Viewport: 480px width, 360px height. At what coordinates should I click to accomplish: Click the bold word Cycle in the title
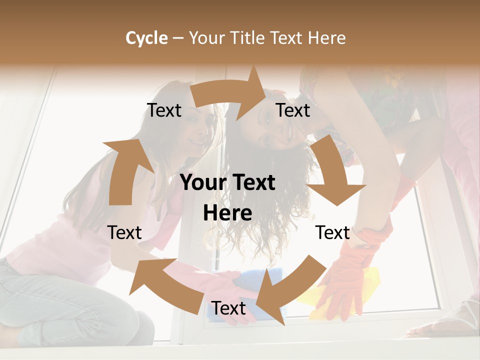146,37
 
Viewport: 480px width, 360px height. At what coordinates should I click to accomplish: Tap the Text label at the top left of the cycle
164,110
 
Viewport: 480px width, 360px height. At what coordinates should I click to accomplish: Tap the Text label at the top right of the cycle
293,110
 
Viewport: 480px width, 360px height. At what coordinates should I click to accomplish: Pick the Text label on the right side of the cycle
332,232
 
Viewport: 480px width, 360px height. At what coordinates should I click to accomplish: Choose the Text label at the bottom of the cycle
228,308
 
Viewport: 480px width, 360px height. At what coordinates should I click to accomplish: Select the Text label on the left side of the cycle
124,232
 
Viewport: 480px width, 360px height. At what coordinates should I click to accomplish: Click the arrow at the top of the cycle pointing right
230,95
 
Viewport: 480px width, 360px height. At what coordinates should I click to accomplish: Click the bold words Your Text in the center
227,182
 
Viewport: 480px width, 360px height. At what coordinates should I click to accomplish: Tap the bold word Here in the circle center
227,213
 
